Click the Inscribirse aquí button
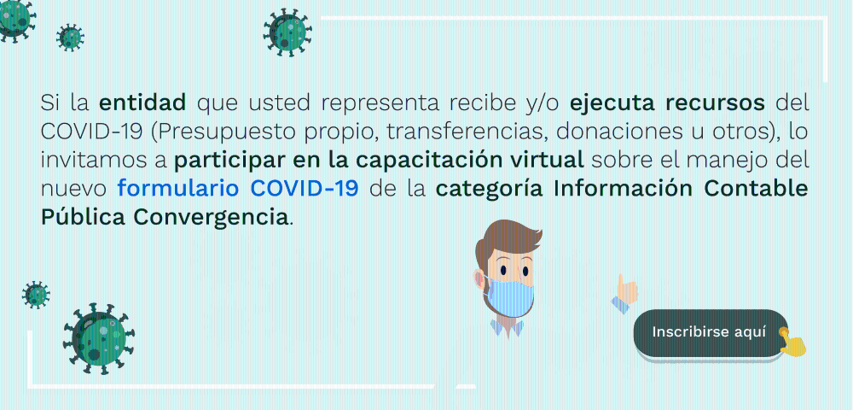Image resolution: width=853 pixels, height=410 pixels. pos(711,332)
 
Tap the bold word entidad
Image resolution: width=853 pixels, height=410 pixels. pos(142,102)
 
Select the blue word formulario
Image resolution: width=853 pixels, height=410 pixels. pos(178,189)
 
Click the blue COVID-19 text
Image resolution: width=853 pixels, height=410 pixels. pos(305,189)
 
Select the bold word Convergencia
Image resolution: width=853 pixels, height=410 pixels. pos(210,217)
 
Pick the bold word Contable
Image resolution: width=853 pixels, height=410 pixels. pos(755,189)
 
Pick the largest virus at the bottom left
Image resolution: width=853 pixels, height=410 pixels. pos(98,338)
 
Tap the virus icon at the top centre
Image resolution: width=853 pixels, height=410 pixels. pos(287,32)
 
